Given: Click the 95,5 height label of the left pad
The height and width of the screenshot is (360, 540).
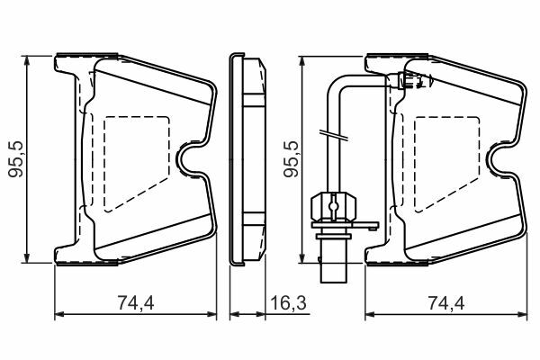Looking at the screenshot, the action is tap(16, 158).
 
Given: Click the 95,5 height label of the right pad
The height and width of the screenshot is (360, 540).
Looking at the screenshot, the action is tap(291, 158).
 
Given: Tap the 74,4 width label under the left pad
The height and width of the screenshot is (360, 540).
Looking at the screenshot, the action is tap(136, 303).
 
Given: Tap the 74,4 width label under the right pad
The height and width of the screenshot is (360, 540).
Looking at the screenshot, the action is tap(446, 303).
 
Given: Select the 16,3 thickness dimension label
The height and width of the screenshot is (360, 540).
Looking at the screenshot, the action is tap(288, 303).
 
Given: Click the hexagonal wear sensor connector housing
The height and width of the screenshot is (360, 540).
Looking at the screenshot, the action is tap(333, 208).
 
